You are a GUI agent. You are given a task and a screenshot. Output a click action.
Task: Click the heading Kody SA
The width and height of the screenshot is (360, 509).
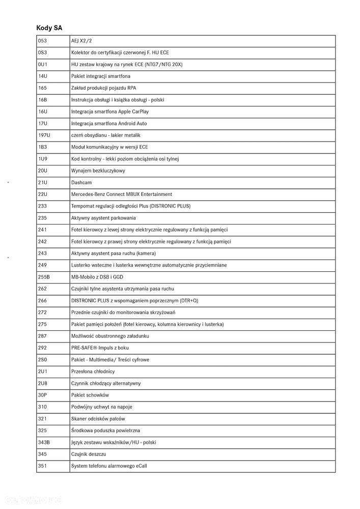pos(49,27)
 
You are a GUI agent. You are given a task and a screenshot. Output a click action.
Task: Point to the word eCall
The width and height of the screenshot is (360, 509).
pos(141,466)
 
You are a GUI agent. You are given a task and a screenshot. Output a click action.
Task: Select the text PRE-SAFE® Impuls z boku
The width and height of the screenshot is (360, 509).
pos(100,348)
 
